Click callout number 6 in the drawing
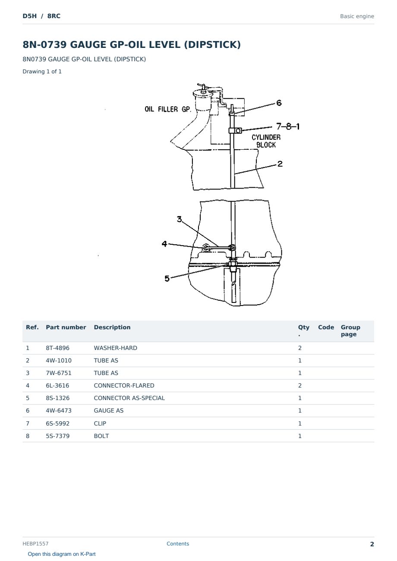[x=279, y=103]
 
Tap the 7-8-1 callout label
[x=288, y=126]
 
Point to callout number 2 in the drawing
[x=280, y=164]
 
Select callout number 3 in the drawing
[x=180, y=219]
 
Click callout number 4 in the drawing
[x=164, y=243]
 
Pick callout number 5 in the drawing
[x=167, y=278]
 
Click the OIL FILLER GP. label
[x=168, y=109]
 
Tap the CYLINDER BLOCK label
[x=266, y=141]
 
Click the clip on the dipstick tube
[x=236, y=130]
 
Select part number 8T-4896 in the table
[x=58, y=348]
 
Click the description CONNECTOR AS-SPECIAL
[x=129, y=398]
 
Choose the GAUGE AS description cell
[x=109, y=410]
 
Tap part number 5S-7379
[x=58, y=436]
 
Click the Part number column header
[x=66, y=328]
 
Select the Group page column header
[x=350, y=331]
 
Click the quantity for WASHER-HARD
[x=300, y=348]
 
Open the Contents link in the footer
[x=178, y=544]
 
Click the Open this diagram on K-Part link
[x=62, y=554]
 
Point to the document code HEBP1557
[x=35, y=544]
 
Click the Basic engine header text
[x=357, y=16]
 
